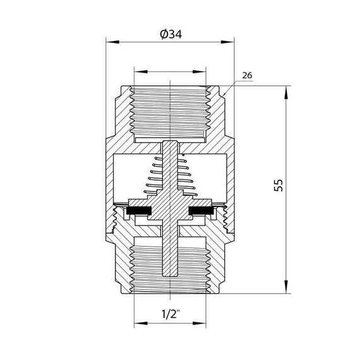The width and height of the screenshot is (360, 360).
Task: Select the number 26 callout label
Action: click(247, 75)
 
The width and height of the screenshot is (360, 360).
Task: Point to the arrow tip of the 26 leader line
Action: click(223, 95)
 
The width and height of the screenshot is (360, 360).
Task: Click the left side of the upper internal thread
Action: click(133, 111)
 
